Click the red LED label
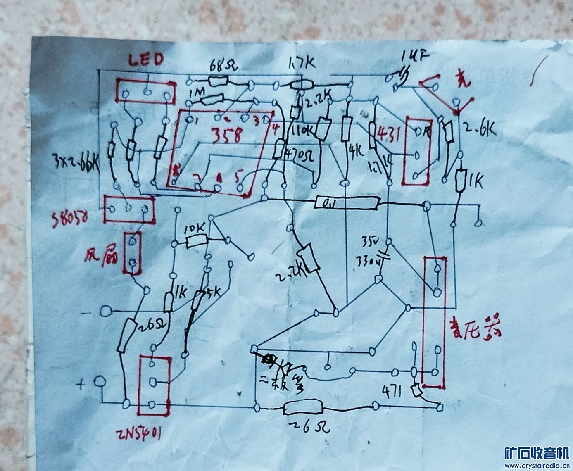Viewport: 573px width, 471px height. coord(146,60)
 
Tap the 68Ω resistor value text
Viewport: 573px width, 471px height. coord(225,65)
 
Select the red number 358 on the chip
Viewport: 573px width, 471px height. coord(226,136)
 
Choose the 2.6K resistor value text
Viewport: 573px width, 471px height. coord(479,130)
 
